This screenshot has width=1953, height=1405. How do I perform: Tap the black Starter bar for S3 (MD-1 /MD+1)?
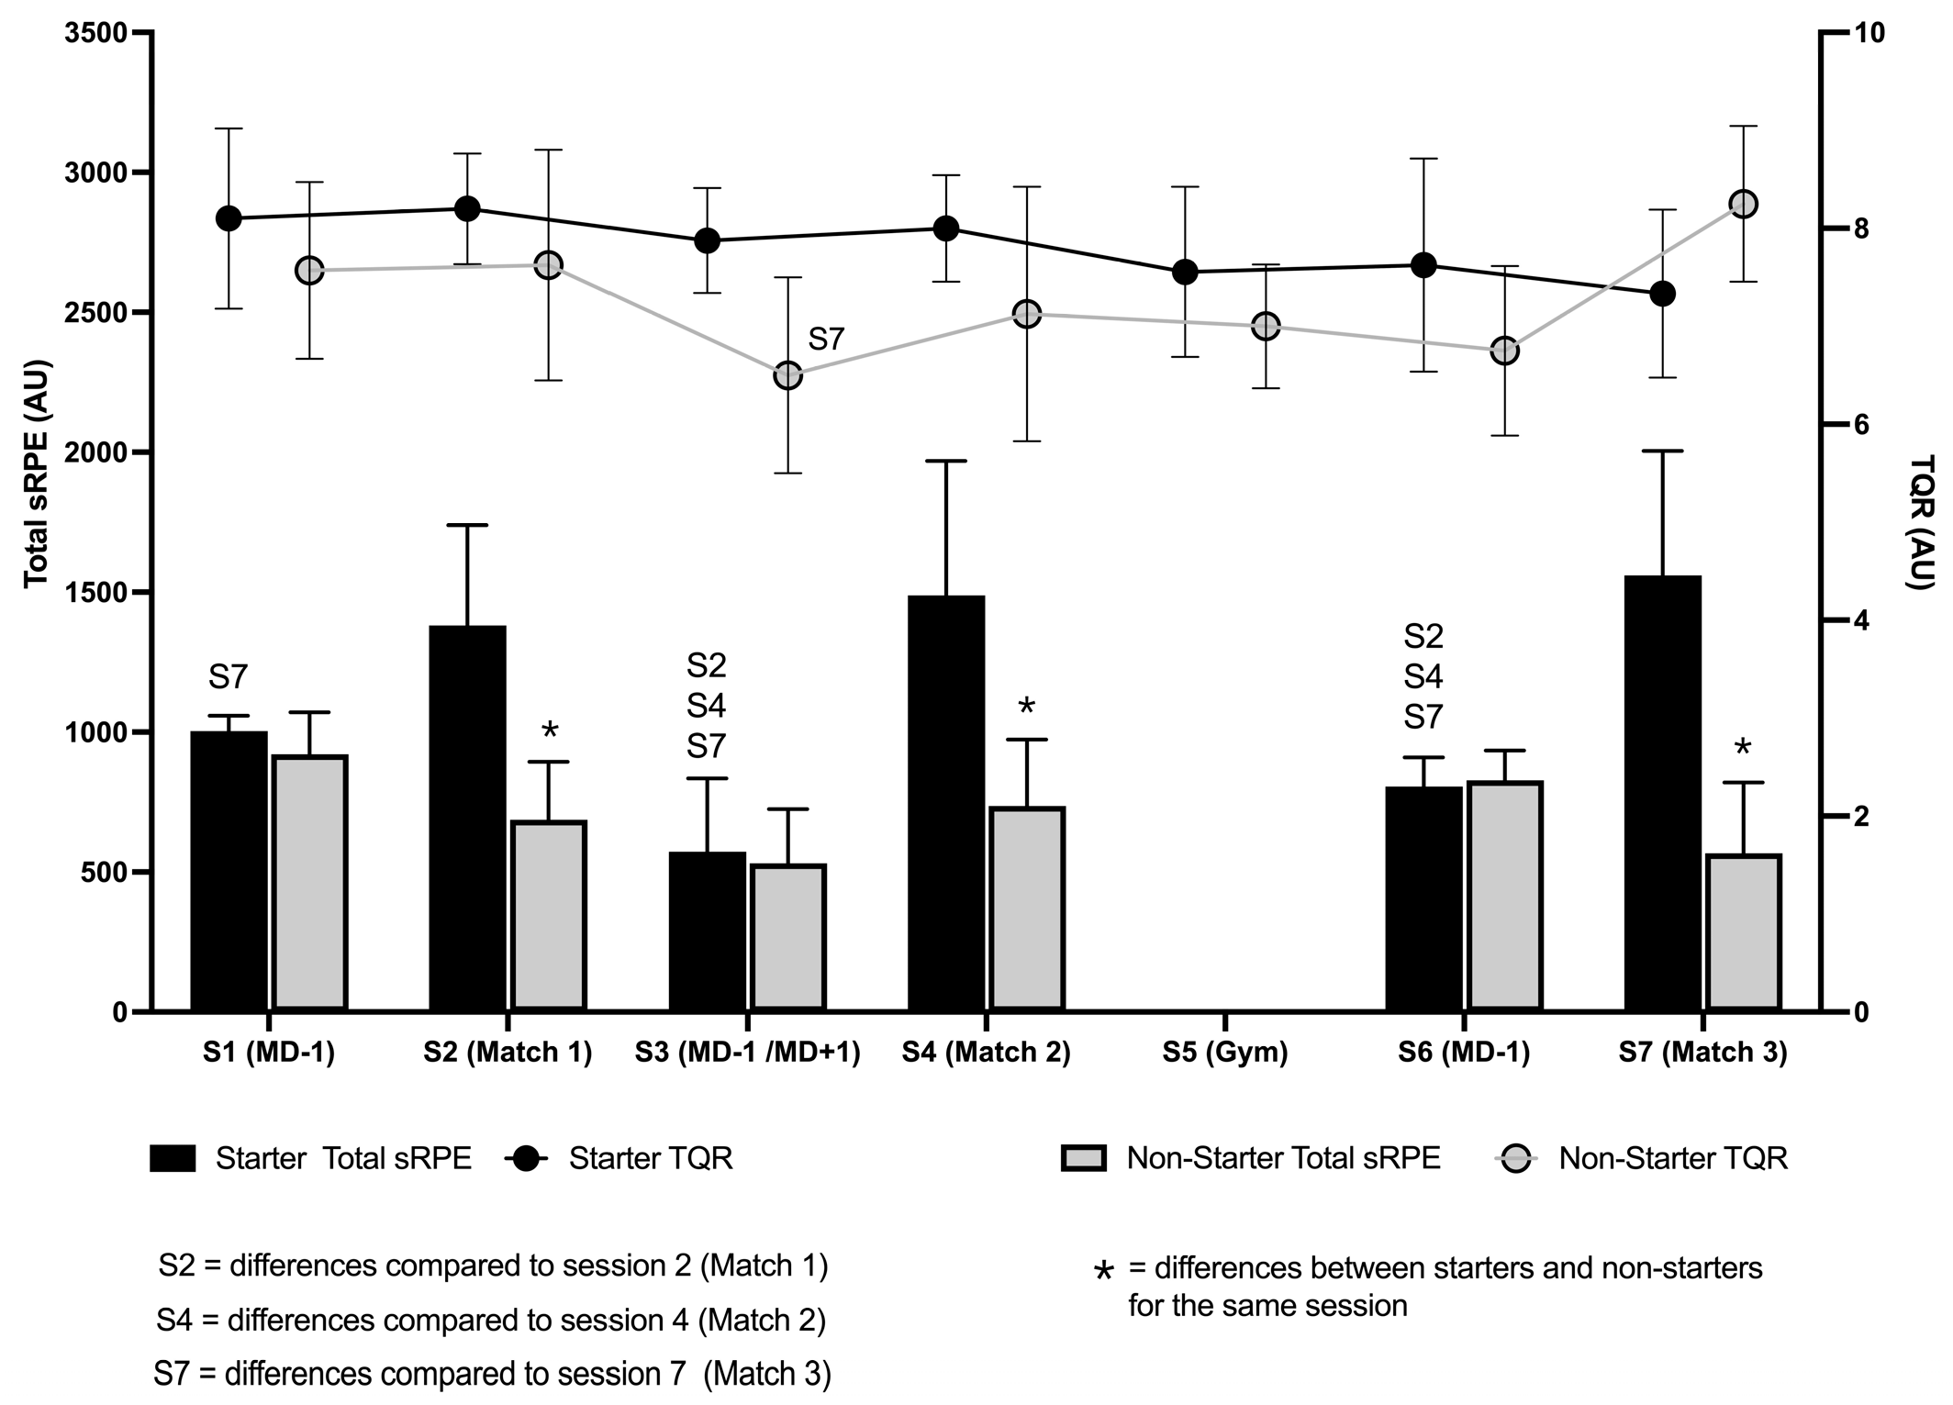click(707, 931)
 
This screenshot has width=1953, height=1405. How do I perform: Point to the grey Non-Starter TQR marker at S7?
click(1743, 204)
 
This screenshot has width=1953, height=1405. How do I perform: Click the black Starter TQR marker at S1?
click(229, 218)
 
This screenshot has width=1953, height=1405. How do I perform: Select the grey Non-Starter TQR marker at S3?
click(787, 375)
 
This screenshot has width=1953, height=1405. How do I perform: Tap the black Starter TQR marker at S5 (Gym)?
click(1185, 272)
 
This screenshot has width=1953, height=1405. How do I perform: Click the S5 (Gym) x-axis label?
click(1224, 1053)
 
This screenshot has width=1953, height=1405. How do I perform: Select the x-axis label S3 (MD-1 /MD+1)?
click(747, 1053)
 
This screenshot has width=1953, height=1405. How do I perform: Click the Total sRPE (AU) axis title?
click(36, 474)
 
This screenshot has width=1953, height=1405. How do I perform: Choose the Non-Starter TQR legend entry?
click(1672, 1158)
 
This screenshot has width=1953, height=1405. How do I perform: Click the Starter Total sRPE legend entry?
click(342, 1158)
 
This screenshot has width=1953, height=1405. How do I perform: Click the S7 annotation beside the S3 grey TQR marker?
click(825, 340)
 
